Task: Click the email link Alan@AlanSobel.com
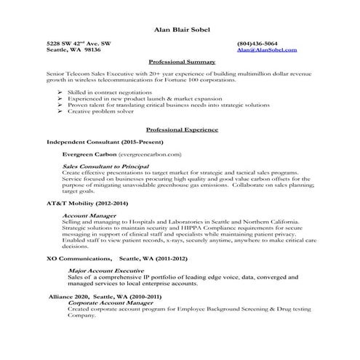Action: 267,50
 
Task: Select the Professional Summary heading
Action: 180,62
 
